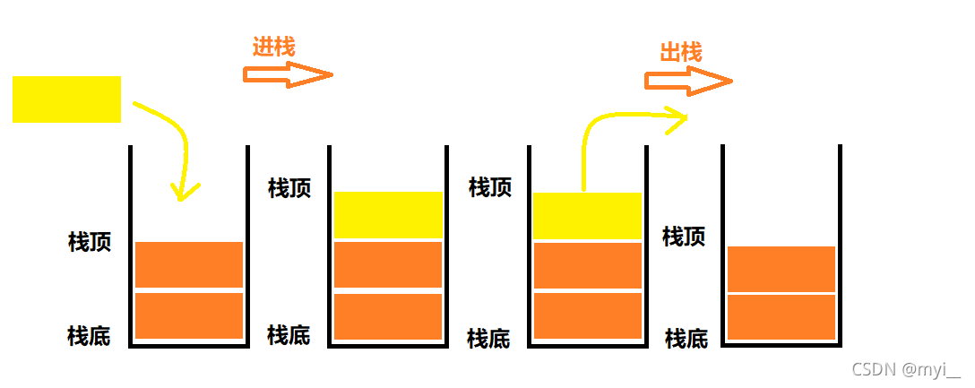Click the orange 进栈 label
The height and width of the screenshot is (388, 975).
pos(273,47)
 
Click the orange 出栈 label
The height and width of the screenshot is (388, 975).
pos(681,53)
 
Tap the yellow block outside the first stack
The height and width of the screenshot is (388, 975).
pos(66,99)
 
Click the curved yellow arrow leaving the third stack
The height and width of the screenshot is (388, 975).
pos(609,121)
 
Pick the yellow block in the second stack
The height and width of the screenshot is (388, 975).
pos(388,215)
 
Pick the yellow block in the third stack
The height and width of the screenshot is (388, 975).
pos(587,216)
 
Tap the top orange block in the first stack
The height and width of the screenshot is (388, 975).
pos(189,264)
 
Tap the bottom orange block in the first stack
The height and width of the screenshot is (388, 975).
pos(189,315)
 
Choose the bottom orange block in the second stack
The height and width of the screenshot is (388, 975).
pos(388,316)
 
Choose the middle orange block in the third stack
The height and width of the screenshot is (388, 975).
pos(587,265)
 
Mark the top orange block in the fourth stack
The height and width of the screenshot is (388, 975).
pos(781,269)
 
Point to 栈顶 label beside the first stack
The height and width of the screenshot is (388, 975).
pos(90,242)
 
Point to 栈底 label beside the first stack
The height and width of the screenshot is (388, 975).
pos(89,337)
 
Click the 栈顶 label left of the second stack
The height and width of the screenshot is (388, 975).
pos(289,188)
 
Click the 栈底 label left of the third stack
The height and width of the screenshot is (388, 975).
pos(488,339)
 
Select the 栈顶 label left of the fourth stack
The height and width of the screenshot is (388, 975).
pos(684,237)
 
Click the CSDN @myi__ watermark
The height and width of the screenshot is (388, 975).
pos(905,369)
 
